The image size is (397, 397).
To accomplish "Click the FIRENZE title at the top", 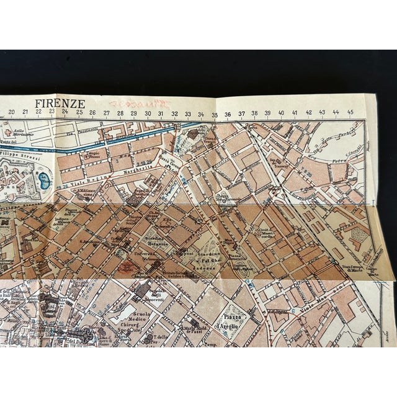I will [x=60, y=103].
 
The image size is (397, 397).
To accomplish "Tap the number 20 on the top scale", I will [x=12, y=112].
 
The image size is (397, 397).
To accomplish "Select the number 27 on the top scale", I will [x=106, y=113].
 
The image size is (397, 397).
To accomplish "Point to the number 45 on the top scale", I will [x=350, y=112].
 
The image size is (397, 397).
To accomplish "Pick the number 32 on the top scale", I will [x=175, y=113].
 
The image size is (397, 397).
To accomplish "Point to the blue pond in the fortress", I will [x=43, y=181].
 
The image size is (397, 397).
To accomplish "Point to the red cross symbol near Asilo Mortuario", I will [x=7, y=132].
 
